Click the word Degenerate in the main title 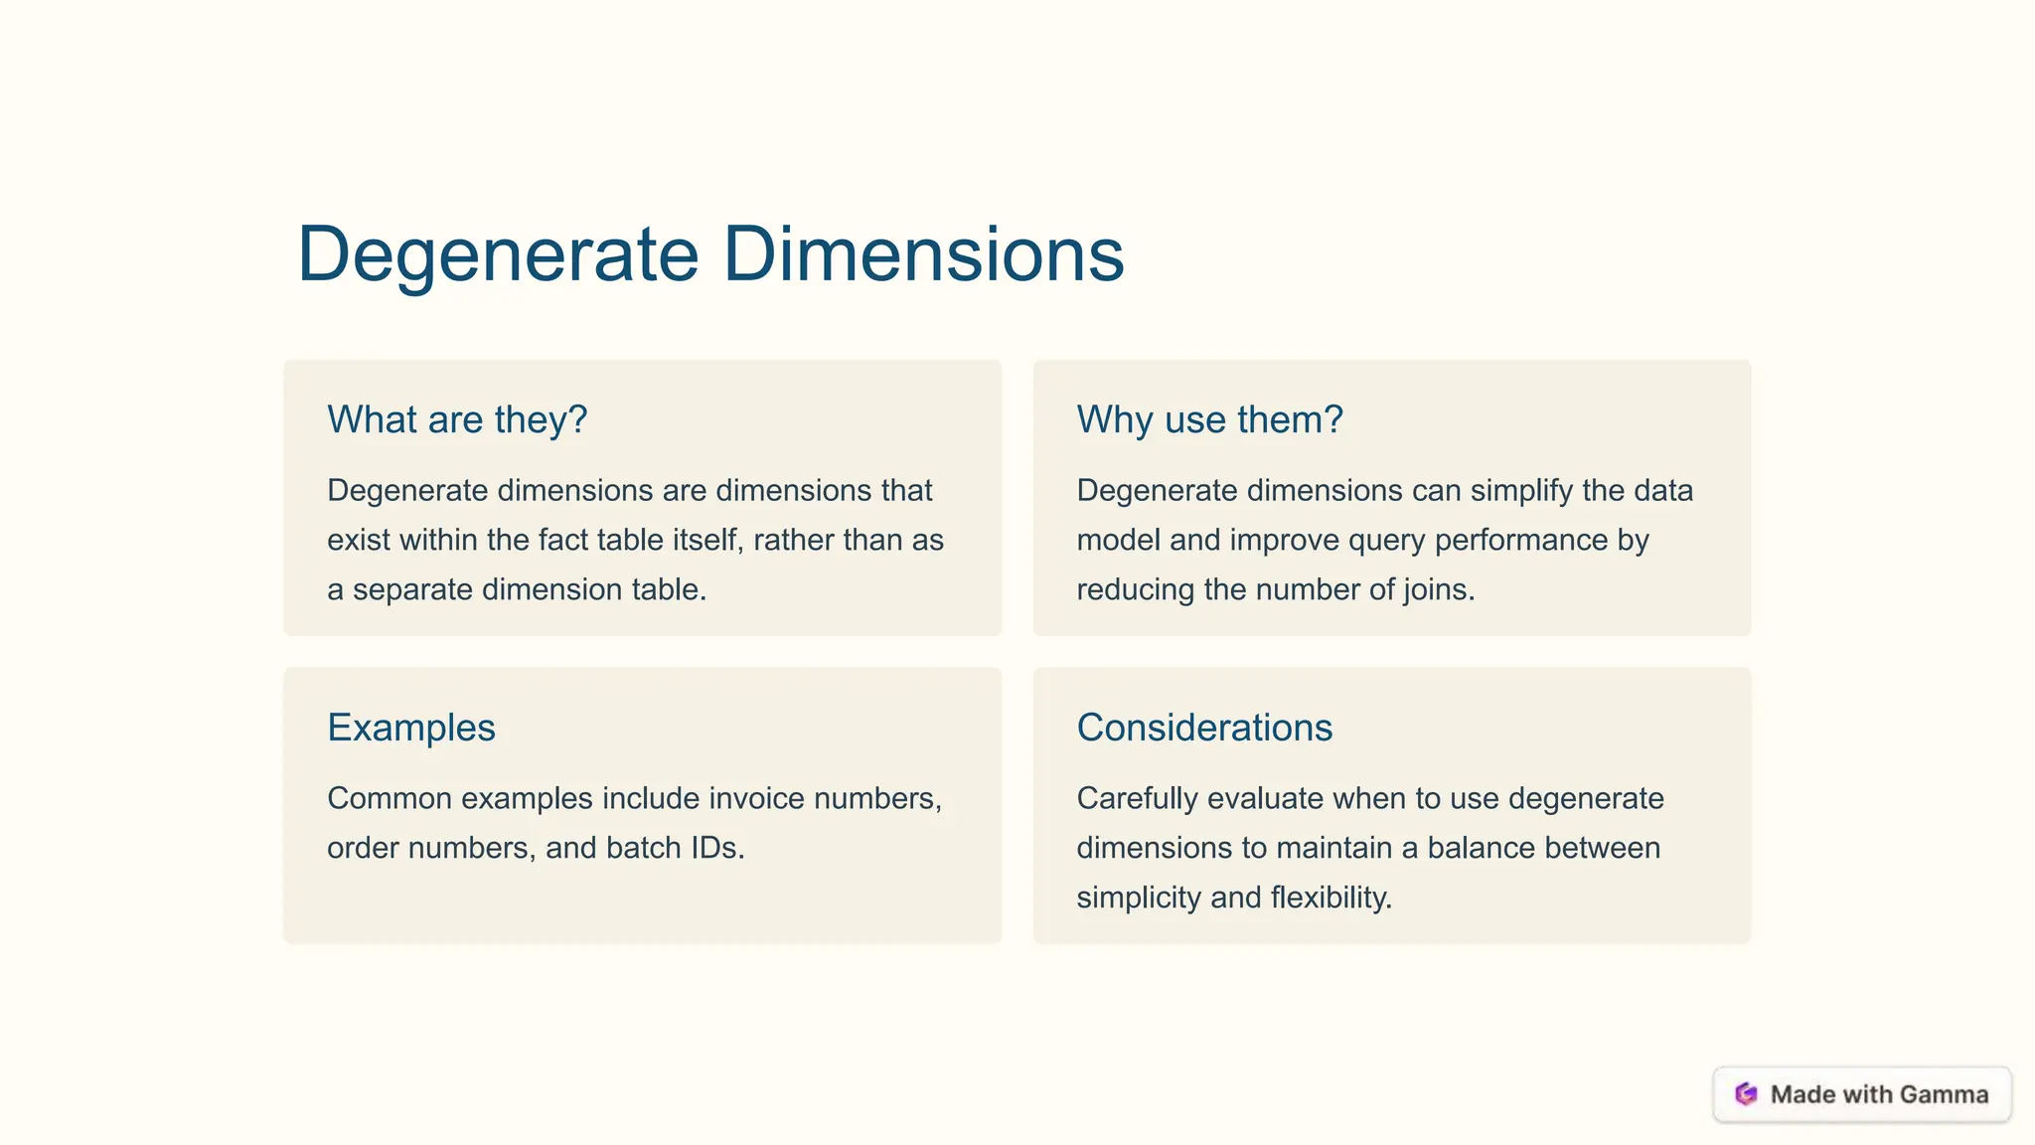(x=498, y=254)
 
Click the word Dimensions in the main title (x=923, y=254)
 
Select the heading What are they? (x=457, y=419)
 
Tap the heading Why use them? (x=1209, y=419)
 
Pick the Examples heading (x=410, y=728)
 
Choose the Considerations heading (x=1204, y=728)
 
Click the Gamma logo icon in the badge (x=1746, y=1094)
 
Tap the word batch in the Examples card (x=643, y=848)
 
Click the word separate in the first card (x=412, y=589)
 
